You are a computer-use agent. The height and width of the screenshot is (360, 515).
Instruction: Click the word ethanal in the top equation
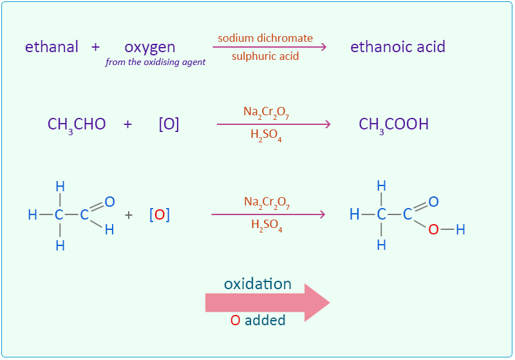pyautogui.click(x=51, y=47)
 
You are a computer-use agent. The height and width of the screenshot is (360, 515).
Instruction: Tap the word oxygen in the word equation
pyautogui.click(x=150, y=47)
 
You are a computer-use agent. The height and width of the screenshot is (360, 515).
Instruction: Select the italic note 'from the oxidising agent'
pyautogui.click(x=156, y=62)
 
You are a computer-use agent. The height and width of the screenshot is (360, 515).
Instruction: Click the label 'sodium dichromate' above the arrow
pyautogui.click(x=265, y=38)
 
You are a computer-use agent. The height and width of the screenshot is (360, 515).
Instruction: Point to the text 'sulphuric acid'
pyautogui.click(x=265, y=56)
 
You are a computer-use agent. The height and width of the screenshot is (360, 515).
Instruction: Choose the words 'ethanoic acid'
pyautogui.click(x=397, y=47)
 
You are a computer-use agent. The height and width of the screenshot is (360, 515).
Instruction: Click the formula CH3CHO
pyautogui.click(x=77, y=124)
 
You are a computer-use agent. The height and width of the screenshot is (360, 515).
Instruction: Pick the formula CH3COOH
pyautogui.click(x=393, y=124)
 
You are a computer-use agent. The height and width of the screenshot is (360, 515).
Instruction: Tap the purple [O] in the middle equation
pyautogui.click(x=169, y=124)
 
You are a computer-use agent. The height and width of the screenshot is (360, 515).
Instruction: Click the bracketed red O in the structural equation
pyautogui.click(x=160, y=215)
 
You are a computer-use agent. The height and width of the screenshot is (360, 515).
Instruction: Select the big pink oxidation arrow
pyautogui.click(x=267, y=303)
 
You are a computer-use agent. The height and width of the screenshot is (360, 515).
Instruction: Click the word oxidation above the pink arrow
pyautogui.click(x=257, y=284)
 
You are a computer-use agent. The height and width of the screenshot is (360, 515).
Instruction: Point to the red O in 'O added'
pyautogui.click(x=235, y=320)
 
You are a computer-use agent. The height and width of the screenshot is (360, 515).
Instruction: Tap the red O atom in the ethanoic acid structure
pyautogui.click(x=434, y=229)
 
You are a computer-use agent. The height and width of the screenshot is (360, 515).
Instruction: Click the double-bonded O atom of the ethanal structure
pyautogui.click(x=109, y=202)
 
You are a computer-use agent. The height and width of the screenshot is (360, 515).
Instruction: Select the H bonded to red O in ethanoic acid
pyautogui.click(x=460, y=229)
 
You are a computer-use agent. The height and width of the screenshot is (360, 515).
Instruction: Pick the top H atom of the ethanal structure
pyautogui.click(x=60, y=186)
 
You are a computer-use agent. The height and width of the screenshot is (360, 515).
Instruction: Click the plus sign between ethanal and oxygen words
pyautogui.click(x=96, y=47)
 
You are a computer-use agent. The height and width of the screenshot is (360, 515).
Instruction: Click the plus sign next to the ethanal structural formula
pyautogui.click(x=129, y=215)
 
